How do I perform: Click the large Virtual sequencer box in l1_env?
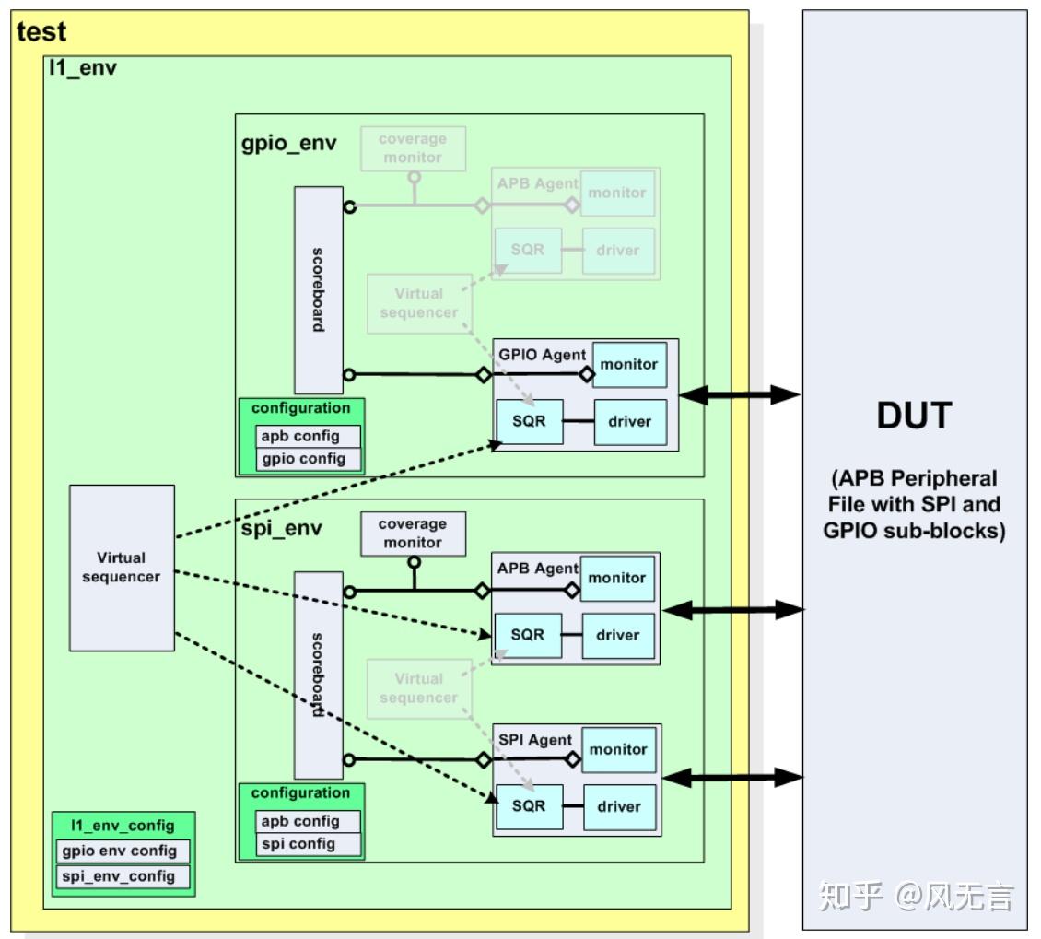[122, 567]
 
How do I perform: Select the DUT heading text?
[913, 417]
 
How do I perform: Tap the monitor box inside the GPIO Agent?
[629, 365]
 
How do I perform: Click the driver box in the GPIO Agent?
[629, 422]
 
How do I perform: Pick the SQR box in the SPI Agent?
[529, 806]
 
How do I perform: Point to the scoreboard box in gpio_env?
[318, 290]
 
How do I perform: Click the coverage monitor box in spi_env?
[412, 534]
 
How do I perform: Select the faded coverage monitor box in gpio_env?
[412, 148]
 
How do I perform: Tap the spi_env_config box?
[123, 876]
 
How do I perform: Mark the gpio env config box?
[123, 851]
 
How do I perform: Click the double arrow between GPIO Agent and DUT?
[740, 395]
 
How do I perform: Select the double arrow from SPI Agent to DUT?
[733, 778]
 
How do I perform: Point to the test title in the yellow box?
[42, 32]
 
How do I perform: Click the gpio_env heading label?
[288, 145]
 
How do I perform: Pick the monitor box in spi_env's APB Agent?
[617, 579]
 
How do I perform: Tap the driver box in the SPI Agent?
[618, 807]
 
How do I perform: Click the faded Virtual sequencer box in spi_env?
[418, 688]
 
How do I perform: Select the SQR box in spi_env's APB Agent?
[528, 636]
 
